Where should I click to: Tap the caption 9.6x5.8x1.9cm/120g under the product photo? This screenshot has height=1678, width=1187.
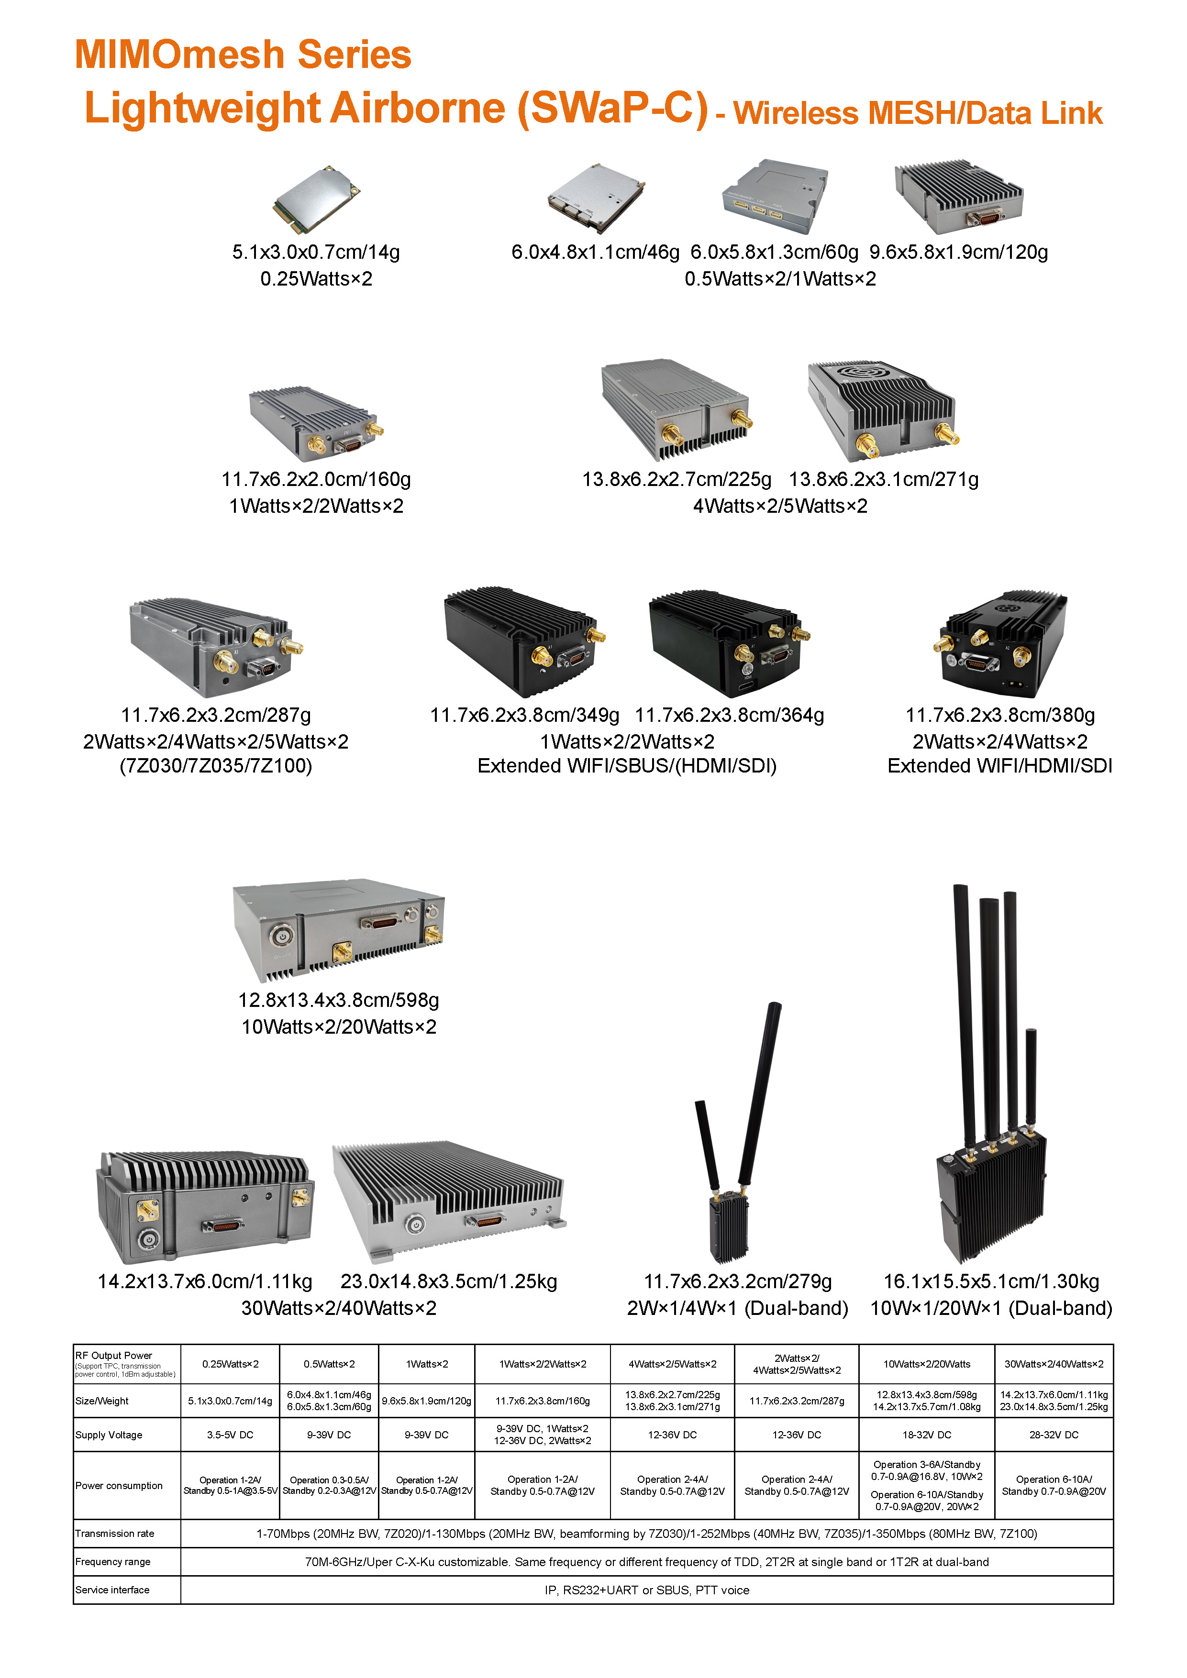(x=958, y=252)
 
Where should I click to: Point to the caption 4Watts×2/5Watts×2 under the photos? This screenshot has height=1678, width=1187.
(x=780, y=506)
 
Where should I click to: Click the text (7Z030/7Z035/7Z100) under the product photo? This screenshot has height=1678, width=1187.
(x=216, y=765)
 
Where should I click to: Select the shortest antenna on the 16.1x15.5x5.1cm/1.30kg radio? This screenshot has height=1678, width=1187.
(x=1031, y=1079)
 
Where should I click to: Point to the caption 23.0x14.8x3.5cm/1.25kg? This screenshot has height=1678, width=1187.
(x=449, y=1281)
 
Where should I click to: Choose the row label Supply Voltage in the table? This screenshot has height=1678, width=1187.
(x=109, y=1435)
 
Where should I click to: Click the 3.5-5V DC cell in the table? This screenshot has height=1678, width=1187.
(x=230, y=1435)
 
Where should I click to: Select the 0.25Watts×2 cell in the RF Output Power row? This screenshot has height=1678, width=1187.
(x=230, y=1364)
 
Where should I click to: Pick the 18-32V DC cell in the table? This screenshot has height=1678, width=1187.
(x=926, y=1435)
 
